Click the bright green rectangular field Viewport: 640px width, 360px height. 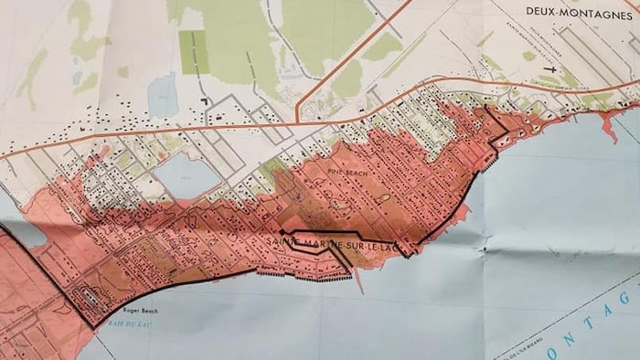click(193, 51)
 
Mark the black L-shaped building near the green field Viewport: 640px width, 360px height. click(207, 99)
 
